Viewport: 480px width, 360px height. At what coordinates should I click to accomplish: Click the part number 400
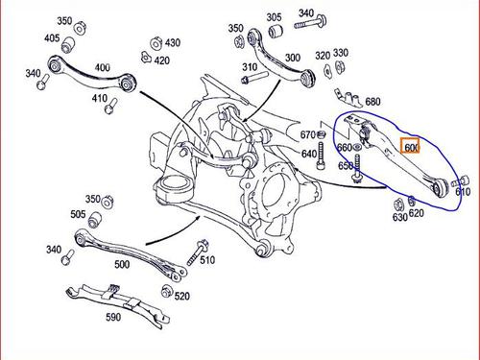coord(103,67)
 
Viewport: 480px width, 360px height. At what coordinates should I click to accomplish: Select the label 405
coord(52,38)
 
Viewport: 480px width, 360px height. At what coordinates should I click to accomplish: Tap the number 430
coord(173,42)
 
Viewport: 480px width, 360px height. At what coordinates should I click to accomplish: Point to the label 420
coord(162,60)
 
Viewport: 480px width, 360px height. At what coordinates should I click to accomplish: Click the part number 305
coord(275,17)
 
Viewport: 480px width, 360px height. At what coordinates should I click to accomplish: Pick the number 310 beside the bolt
coord(250,67)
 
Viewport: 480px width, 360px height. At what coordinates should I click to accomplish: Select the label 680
coord(372,102)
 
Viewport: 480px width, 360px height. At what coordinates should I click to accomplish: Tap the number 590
coord(113,317)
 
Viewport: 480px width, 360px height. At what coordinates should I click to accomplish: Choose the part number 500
coord(122,264)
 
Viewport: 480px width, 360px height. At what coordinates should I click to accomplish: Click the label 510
coord(207,260)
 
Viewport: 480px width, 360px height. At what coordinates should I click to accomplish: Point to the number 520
coord(182,296)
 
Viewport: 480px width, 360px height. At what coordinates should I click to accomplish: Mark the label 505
coord(78,214)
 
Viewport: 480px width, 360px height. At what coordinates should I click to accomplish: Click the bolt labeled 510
coord(198,252)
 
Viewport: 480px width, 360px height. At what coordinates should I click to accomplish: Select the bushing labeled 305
coord(276,32)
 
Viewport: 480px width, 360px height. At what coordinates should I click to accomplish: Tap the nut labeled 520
coord(166,291)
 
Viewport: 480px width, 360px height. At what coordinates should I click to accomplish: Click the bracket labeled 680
coord(348,97)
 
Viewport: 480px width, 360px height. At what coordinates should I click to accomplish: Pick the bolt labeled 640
coord(321,156)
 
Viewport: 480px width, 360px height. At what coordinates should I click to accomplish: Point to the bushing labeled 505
coord(95,220)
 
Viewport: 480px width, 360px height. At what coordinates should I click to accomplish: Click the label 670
coord(308,135)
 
